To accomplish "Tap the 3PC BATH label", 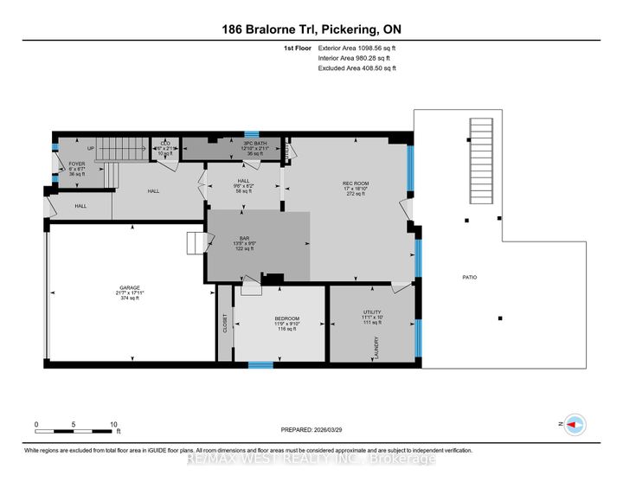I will (253, 144).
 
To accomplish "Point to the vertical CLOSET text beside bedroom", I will (225, 322).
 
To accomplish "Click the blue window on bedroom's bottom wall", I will (260, 364).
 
